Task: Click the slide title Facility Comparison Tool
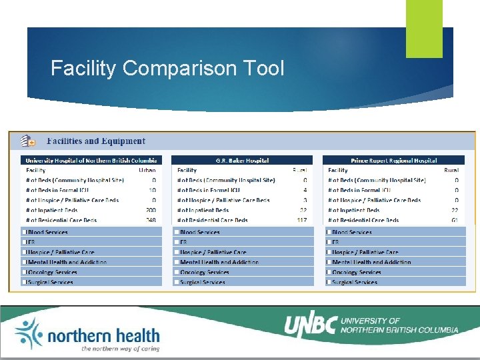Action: pyautogui.click(x=167, y=69)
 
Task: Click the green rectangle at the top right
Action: pyautogui.click(x=424, y=29)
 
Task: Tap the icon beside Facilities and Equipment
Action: pyautogui.click(x=27, y=141)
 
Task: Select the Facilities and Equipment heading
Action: pyautogui.click(x=95, y=141)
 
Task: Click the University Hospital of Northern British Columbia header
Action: pyautogui.click(x=91, y=161)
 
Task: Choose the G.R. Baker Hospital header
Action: pyautogui.click(x=242, y=161)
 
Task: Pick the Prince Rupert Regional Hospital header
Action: pyautogui.click(x=393, y=161)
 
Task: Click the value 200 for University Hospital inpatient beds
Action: pyautogui.click(x=150, y=210)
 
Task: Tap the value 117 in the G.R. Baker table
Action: pyautogui.click(x=301, y=220)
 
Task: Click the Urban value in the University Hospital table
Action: pyautogui.click(x=147, y=170)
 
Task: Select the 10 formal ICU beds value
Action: pyautogui.click(x=152, y=190)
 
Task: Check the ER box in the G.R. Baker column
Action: pyautogui.click(x=177, y=242)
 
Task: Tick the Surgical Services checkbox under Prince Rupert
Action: pyautogui.click(x=329, y=282)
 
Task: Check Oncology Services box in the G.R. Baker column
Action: pyautogui.click(x=177, y=272)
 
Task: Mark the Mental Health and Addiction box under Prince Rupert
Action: pyautogui.click(x=329, y=262)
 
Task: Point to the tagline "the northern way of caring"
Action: pyautogui.click(x=120, y=349)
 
